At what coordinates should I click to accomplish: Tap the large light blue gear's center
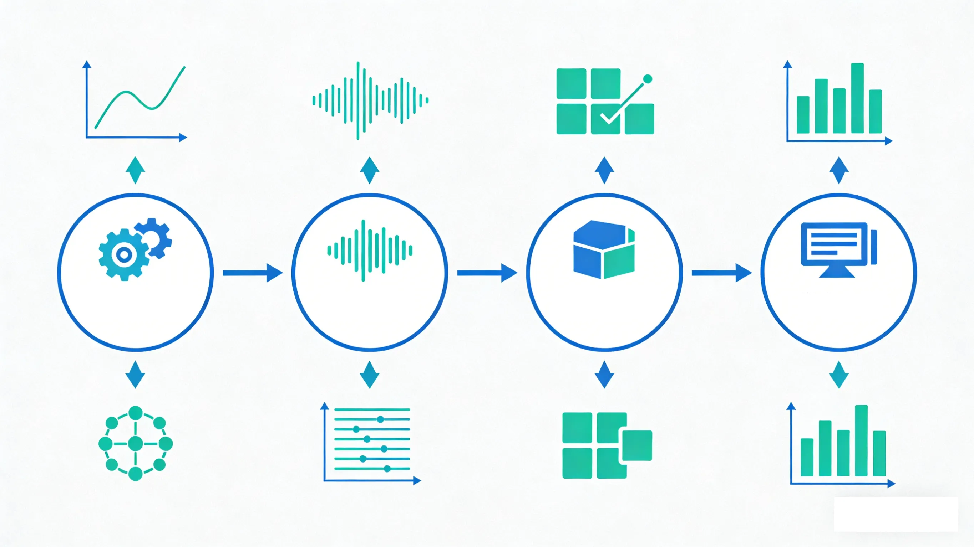click(x=124, y=255)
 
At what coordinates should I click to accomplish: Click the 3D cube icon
click(x=604, y=249)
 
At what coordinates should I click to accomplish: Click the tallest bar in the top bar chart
click(x=857, y=98)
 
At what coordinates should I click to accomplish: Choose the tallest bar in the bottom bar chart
click(x=861, y=440)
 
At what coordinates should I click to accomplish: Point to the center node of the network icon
click(x=135, y=443)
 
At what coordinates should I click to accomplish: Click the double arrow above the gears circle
click(x=135, y=170)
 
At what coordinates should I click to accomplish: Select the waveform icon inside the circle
click(x=369, y=251)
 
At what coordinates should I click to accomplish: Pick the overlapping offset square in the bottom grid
click(x=637, y=445)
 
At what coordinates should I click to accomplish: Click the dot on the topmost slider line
click(x=380, y=419)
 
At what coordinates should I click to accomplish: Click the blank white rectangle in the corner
click(x=896, y=514)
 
